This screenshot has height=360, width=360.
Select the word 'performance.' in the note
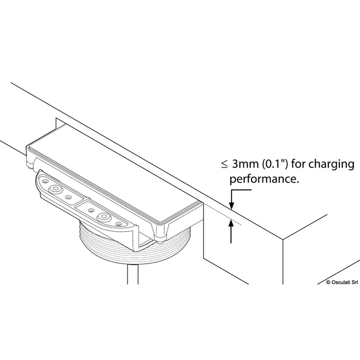264,179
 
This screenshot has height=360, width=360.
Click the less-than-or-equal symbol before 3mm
224,165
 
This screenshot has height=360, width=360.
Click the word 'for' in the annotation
298,164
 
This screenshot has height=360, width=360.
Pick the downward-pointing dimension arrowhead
232,206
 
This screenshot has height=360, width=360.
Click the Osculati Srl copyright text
342,282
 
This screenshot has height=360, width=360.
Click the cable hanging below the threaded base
133,274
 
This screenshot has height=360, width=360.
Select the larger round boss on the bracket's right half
104,216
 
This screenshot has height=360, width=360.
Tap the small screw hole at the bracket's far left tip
45,181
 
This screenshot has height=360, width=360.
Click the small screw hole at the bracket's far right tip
118,224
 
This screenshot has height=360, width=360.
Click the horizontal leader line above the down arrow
242,190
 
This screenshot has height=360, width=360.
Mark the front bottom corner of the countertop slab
283,240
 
